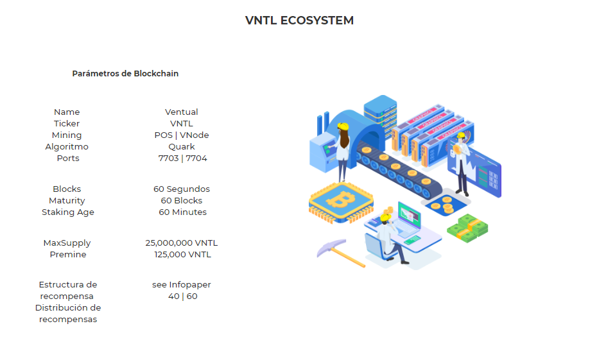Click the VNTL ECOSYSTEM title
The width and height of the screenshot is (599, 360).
pos(299,21)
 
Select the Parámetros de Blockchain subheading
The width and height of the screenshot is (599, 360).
pos(125,73)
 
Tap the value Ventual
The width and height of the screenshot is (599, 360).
pos(182,112)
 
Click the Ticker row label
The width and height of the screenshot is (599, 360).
pos(67,123)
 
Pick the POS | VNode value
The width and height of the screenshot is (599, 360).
pos(182,135)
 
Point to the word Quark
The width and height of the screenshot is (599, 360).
pos(182,146)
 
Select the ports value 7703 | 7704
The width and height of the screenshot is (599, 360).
pos(182,158)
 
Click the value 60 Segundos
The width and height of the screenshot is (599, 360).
pos(182,189)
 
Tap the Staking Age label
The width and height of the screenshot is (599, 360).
pos(68,212)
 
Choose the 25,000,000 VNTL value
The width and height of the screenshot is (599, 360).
pos(182,243)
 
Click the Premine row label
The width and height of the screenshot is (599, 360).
pos(68,254)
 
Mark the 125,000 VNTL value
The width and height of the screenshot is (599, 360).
pos(182,254)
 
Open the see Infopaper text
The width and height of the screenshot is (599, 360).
pos(182,285)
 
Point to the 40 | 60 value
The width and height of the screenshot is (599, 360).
pos(182,296)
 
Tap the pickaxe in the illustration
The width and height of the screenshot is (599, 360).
pos(340,253)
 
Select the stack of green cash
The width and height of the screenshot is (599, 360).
pos(467,228)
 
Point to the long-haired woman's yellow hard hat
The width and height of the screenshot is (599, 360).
pos(343,126)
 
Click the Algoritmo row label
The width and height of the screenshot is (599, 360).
pos(67,146)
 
